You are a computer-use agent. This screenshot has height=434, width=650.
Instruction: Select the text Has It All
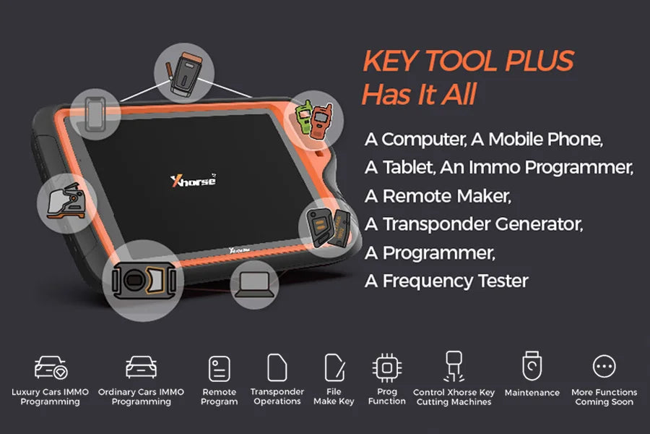point(419,94)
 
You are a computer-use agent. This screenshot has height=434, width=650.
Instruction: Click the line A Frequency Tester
point(446,281)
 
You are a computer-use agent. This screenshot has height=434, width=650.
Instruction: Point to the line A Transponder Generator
point(473,224)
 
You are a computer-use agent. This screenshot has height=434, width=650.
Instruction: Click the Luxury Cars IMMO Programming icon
point(51,368)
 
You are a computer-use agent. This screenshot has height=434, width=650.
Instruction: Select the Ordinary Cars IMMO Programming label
point(141,397)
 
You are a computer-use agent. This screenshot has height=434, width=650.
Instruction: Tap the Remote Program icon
point(220,368)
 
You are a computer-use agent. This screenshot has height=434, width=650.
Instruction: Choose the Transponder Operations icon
point(277,367)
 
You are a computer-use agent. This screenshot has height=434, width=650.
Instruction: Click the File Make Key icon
point(334,367)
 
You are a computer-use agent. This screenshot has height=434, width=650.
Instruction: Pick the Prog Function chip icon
point(387,367)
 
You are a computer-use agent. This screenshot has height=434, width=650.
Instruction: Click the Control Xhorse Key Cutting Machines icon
point(454,369)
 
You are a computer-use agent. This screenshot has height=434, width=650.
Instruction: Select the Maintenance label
point(532,393)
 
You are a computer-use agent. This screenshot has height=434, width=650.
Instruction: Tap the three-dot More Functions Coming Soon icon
point(604,367)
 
